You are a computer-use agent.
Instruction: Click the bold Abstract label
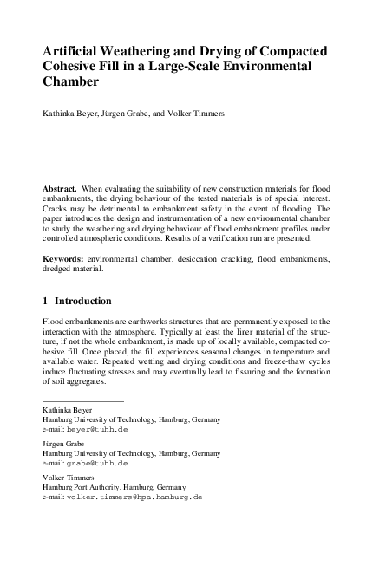(x=61, y=188)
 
